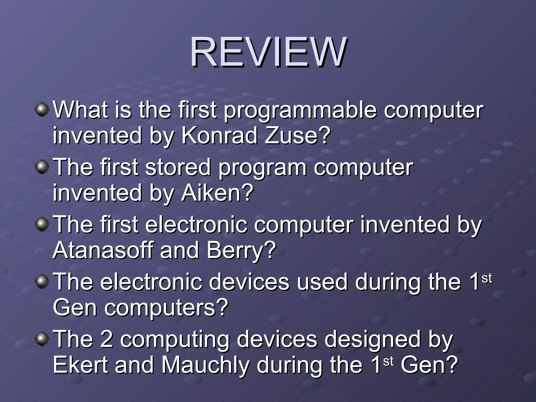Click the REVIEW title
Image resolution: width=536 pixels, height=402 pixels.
click(x=269, y=52)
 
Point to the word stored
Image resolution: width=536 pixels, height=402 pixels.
click(x=178, y=167)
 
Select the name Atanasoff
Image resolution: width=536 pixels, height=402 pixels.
click(x=103, y=250)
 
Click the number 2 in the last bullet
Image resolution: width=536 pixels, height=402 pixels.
click(x=107, y=339)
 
